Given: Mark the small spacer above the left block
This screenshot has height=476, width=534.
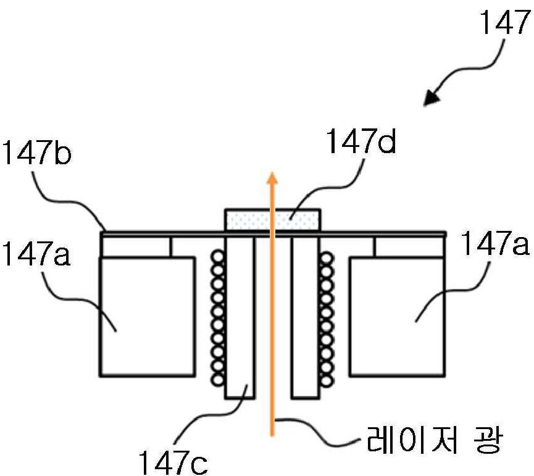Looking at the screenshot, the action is pyautogui.click(x=136, y=246).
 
